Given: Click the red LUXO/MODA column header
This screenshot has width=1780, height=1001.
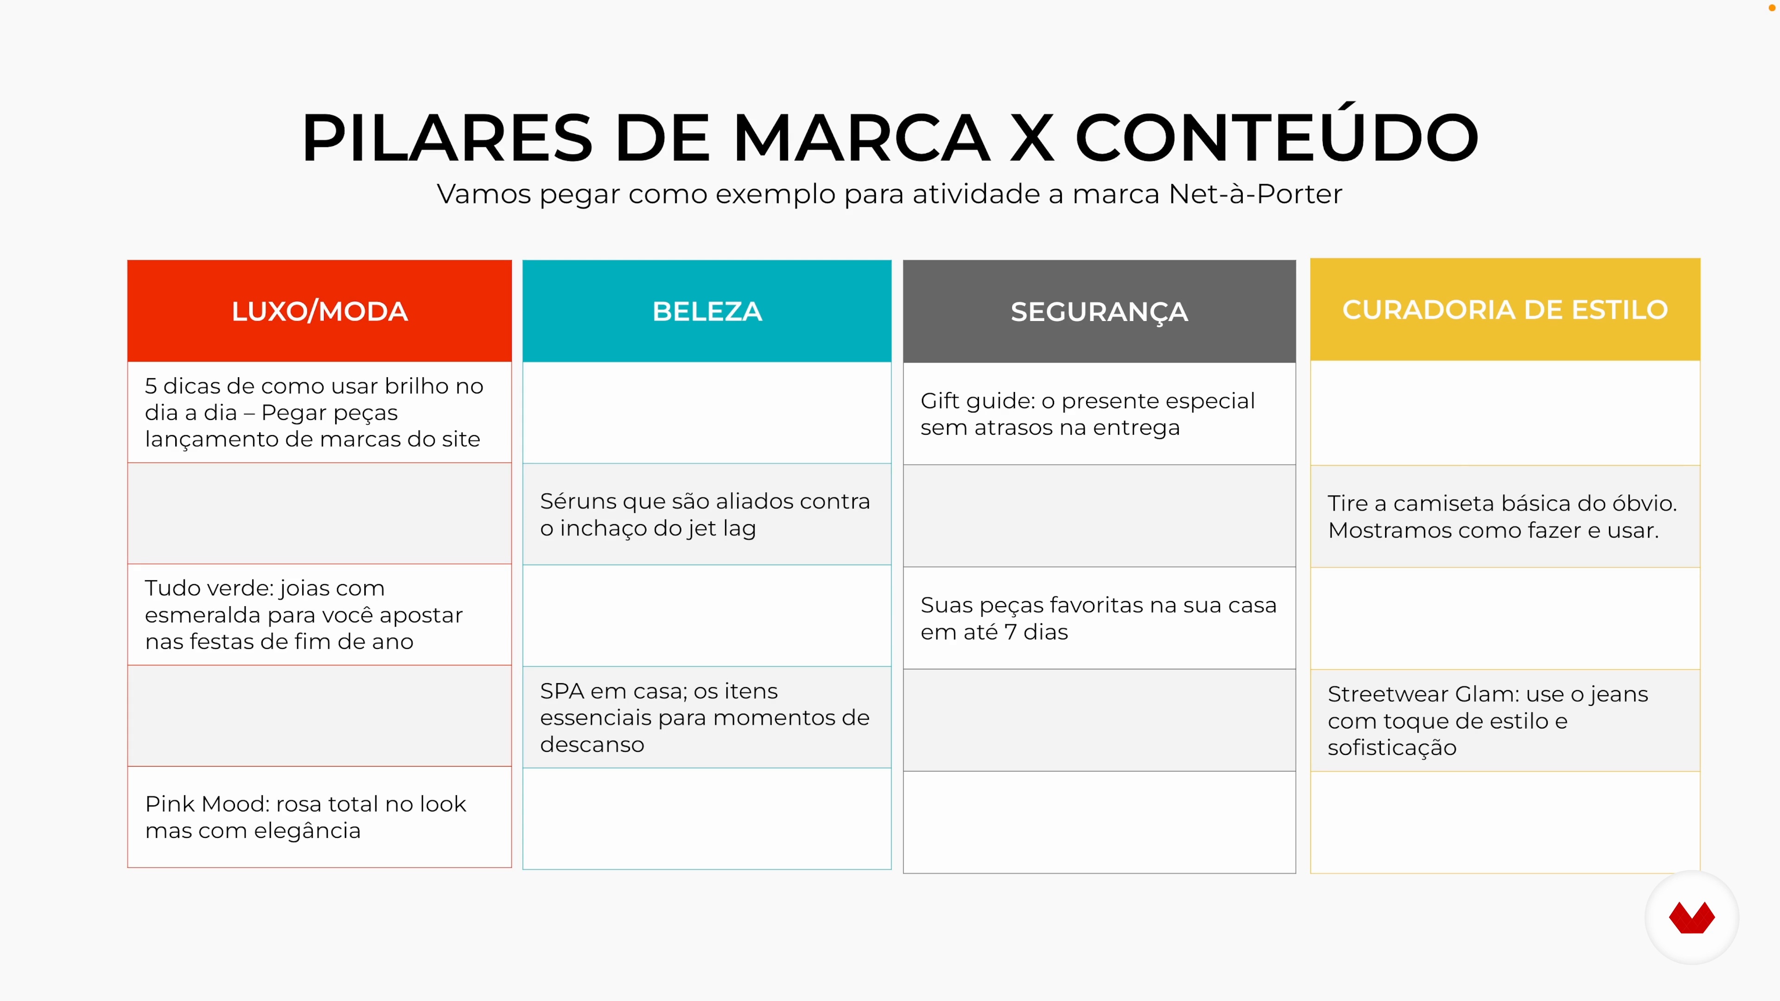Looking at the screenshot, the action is (x=319, y=311).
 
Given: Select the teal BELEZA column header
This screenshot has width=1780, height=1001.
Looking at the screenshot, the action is (x=707, y=311).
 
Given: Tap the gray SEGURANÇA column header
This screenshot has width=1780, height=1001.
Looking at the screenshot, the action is (x=1100, y=311).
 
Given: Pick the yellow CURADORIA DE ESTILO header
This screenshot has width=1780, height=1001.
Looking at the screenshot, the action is (x=1505, y=310).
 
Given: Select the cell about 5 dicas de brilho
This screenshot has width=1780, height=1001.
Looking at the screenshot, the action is (x=319, y=412).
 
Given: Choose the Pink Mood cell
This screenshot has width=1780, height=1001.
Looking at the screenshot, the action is (x=319, y=817).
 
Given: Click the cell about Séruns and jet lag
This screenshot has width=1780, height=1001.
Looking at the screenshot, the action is (x=707, y=514).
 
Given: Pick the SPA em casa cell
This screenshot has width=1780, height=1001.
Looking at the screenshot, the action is (x=707, y=717).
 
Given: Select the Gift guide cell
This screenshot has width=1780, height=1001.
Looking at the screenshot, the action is (x=1100, y=414).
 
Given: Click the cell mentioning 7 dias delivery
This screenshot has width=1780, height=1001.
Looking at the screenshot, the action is (x=1100, y=618).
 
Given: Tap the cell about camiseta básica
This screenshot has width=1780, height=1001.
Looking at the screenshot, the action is (x=1505, y=517).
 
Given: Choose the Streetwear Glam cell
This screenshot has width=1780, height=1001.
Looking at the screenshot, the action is (x=1505, y=721).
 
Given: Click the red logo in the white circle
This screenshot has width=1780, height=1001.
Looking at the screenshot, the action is (x=1691, y=918).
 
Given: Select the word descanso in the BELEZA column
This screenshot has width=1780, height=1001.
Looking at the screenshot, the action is (x=592, y=745).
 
